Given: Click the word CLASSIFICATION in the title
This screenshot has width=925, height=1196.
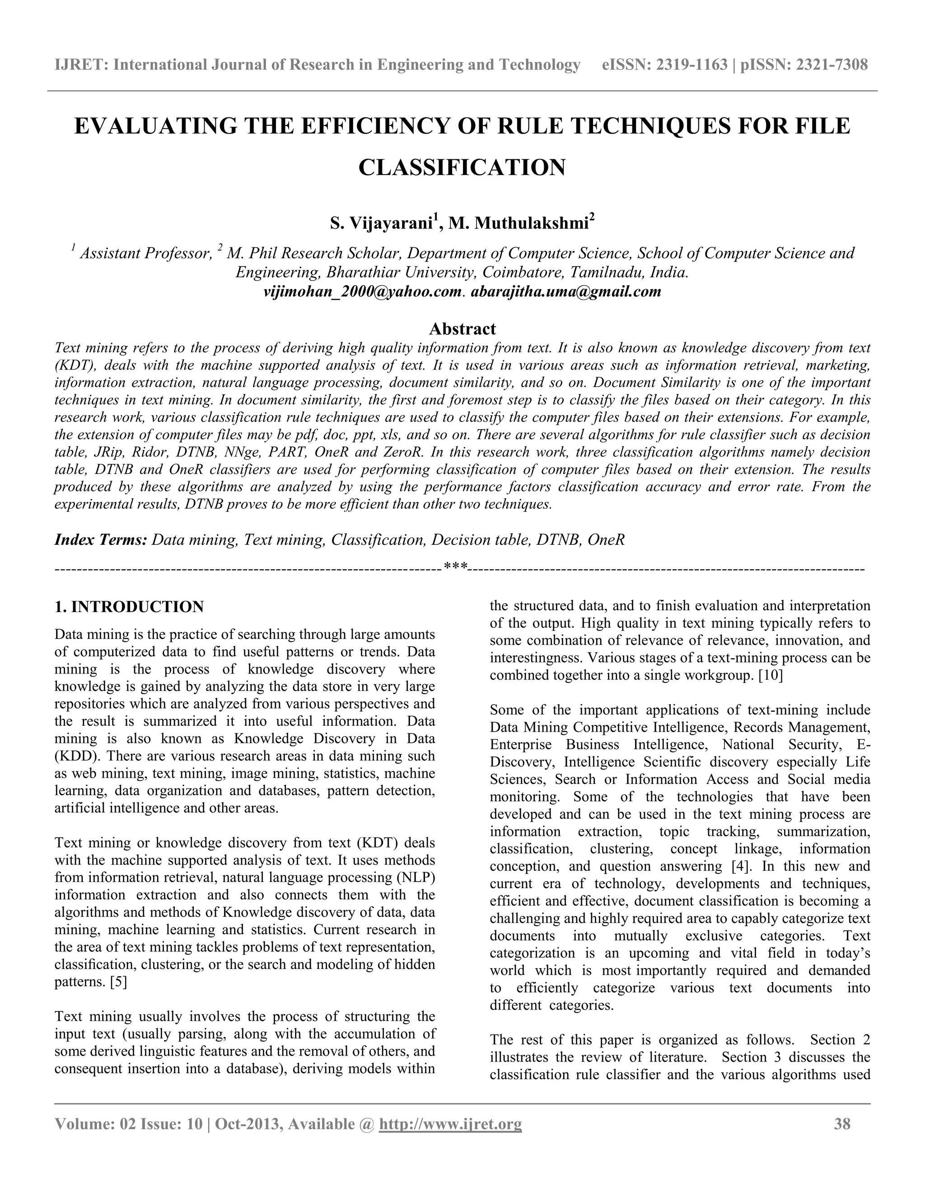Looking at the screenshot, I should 462,167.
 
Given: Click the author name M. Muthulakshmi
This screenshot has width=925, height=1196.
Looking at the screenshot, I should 518,223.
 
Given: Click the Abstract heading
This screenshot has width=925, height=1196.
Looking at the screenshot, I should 462,329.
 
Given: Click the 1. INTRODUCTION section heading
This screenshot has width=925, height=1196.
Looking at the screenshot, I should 129,607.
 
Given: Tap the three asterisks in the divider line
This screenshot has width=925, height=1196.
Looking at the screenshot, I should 455,567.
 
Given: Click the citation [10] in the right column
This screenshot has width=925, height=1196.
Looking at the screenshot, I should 771,675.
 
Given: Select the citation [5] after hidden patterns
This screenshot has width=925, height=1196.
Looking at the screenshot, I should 118,982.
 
